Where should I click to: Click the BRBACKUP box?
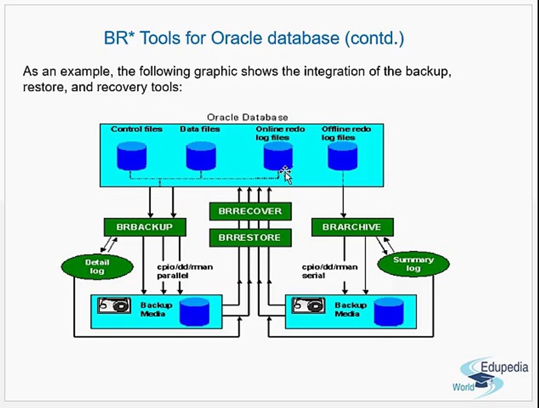coord(145,227)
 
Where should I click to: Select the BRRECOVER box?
coord(251,211)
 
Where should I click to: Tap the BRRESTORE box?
coord(251,237)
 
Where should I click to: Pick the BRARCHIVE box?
coord(353,227)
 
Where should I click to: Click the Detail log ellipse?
coord(97,266)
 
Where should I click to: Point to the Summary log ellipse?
coord(414,264)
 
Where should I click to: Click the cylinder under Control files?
coord(131,156)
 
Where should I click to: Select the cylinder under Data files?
coord(201,156)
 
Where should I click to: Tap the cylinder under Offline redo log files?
coord(342,156)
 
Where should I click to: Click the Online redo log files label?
coord(280,133)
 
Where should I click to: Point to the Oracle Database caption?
coord(248,117)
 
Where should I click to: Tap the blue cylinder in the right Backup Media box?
coord(389,312)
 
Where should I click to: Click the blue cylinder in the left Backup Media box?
coord(194,312)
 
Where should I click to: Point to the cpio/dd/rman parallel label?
coord(185,271)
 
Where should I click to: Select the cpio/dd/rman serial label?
coord(330,271)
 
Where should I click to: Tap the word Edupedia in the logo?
coord(504,367)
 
